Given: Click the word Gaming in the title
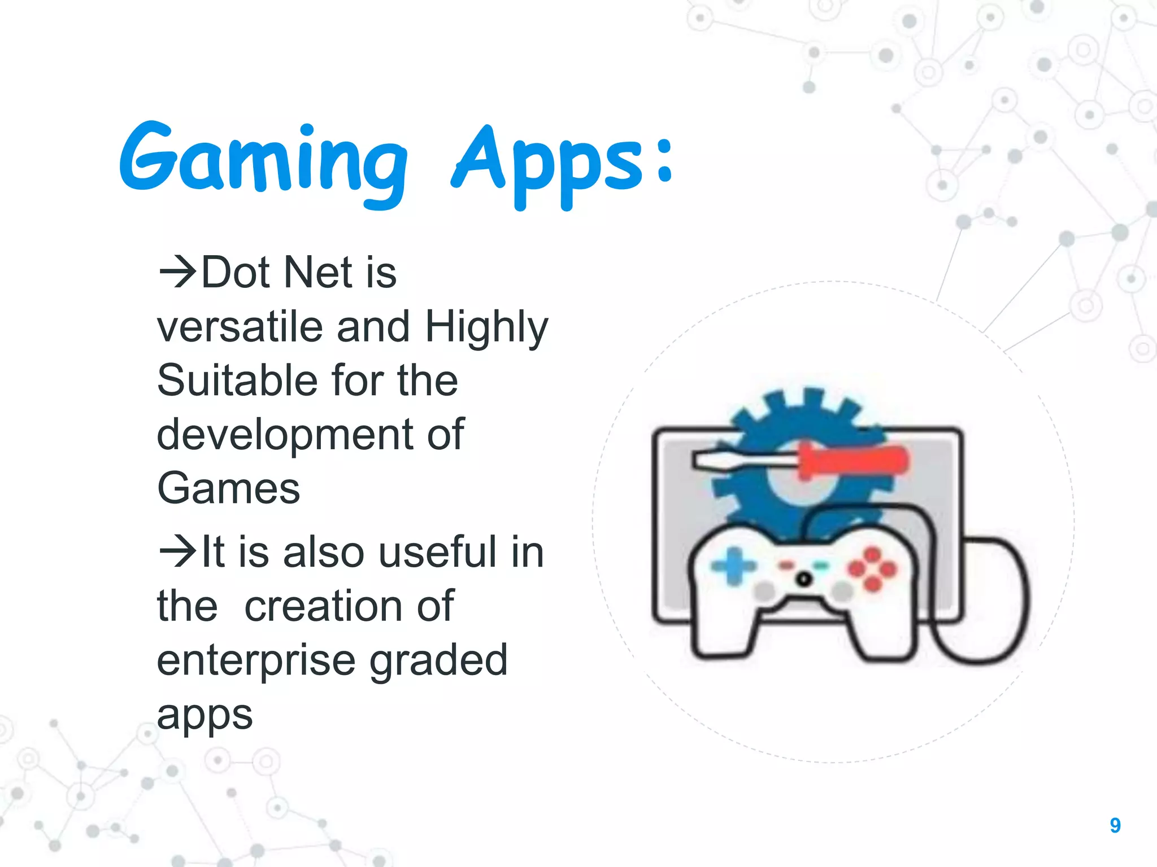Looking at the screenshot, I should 263,161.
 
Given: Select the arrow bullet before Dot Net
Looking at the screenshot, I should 177,272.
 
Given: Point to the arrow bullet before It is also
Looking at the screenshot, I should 177,551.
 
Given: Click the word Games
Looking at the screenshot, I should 228,488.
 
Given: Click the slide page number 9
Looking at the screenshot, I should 1115,825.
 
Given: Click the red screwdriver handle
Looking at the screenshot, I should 853,461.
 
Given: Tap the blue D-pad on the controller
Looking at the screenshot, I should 733,566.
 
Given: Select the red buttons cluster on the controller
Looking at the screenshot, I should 872,569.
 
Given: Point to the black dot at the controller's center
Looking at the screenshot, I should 804,579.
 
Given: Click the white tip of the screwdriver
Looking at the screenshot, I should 734,460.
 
